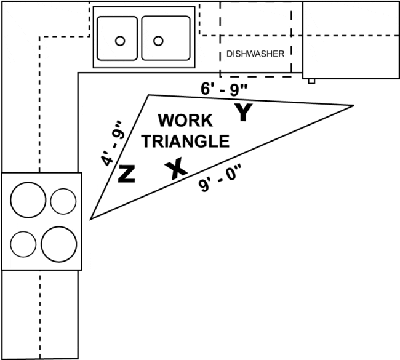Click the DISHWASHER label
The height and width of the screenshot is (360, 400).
click(x=255, y=54)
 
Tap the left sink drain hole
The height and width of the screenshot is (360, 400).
click(x=121, y=41)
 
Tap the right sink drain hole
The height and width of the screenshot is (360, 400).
click(x=159, y=41)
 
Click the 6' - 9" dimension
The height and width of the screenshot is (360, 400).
click(x=225, y=88)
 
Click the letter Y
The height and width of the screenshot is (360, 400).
click(x=244, y=112)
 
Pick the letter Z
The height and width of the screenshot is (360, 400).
click(x=126, y=174)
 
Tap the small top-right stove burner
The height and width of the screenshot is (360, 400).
click(x=63, y=201)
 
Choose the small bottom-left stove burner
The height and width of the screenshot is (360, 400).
click(x=23, y=244)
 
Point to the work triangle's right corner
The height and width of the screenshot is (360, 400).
click(x=353, y=105)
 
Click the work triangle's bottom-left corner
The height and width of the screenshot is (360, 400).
click(x=91, y=218)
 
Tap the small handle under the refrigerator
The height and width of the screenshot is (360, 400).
click(x=313, y=81)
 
